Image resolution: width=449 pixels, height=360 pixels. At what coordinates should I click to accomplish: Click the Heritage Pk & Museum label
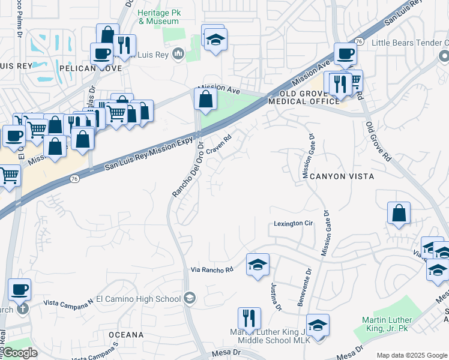(x=158, y=17)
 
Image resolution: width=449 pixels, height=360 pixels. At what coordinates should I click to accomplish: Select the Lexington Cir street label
(x=294, y=223)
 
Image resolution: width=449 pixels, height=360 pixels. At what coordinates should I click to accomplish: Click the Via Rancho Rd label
(x=212, y=270)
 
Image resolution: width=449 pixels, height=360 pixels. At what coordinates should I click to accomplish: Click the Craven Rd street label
(x=219, y=147)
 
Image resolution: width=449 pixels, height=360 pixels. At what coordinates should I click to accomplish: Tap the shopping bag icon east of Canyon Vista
(x=399, y=214)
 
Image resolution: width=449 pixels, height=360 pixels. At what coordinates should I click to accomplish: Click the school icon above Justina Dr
(x=258, y=265)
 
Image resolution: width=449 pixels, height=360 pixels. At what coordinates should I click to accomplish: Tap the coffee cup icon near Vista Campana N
(x=20, y=290)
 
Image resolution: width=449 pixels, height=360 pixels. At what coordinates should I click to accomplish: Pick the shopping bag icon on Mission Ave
(x=205, y=99)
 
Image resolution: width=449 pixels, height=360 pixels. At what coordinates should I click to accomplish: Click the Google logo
(x=20, y=353)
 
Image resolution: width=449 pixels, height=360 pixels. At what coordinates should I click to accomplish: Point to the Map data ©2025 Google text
(x=411, y=355)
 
